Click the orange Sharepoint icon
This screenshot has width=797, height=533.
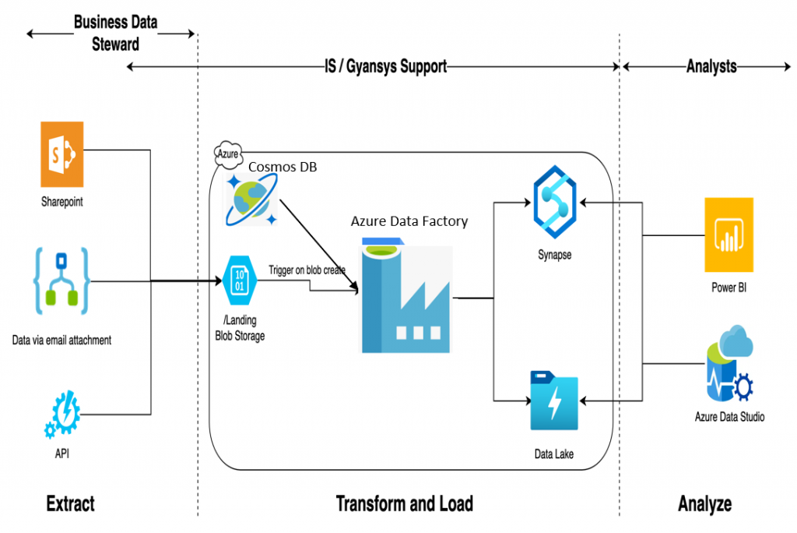click(61, 154)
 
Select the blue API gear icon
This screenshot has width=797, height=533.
click(62, 415)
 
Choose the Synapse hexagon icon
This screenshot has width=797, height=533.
click(554, 204)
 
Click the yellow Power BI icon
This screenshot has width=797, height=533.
click(729, 234)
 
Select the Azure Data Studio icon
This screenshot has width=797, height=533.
click(729, 366)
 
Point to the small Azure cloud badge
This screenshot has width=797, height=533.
click(228, 154)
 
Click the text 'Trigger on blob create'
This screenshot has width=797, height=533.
click(307, 270)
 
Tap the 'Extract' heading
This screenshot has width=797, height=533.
click(70, 503)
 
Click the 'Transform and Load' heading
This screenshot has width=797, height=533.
click(404, 503)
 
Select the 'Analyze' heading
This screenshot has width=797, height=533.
click(704, 503)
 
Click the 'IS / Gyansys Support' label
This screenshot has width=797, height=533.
click(385, 67)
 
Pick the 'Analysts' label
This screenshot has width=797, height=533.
click(711, 67)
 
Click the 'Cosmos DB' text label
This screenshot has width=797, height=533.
click(283, 168)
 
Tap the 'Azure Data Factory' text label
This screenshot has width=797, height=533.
click(409, 221)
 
